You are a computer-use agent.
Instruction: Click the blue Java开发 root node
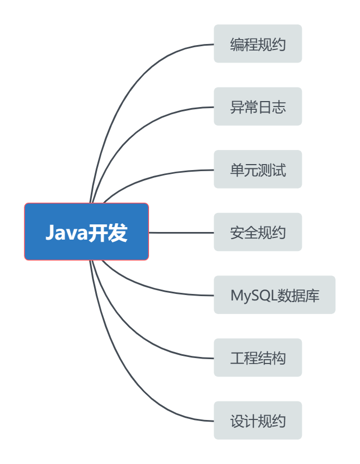coord(86,232)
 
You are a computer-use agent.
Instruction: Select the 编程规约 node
coord(258,44)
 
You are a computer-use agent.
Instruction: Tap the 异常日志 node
coord(258,106)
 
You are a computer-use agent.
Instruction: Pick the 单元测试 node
coord(258,170)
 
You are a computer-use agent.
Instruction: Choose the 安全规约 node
coord(258,233)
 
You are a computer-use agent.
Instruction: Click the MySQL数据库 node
coord(275,295)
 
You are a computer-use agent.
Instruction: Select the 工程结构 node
coord(258,358)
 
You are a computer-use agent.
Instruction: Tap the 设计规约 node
coord(258,421)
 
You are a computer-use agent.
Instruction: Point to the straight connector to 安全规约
coord(181,233)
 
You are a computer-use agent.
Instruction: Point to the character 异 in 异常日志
coord(237,107)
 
